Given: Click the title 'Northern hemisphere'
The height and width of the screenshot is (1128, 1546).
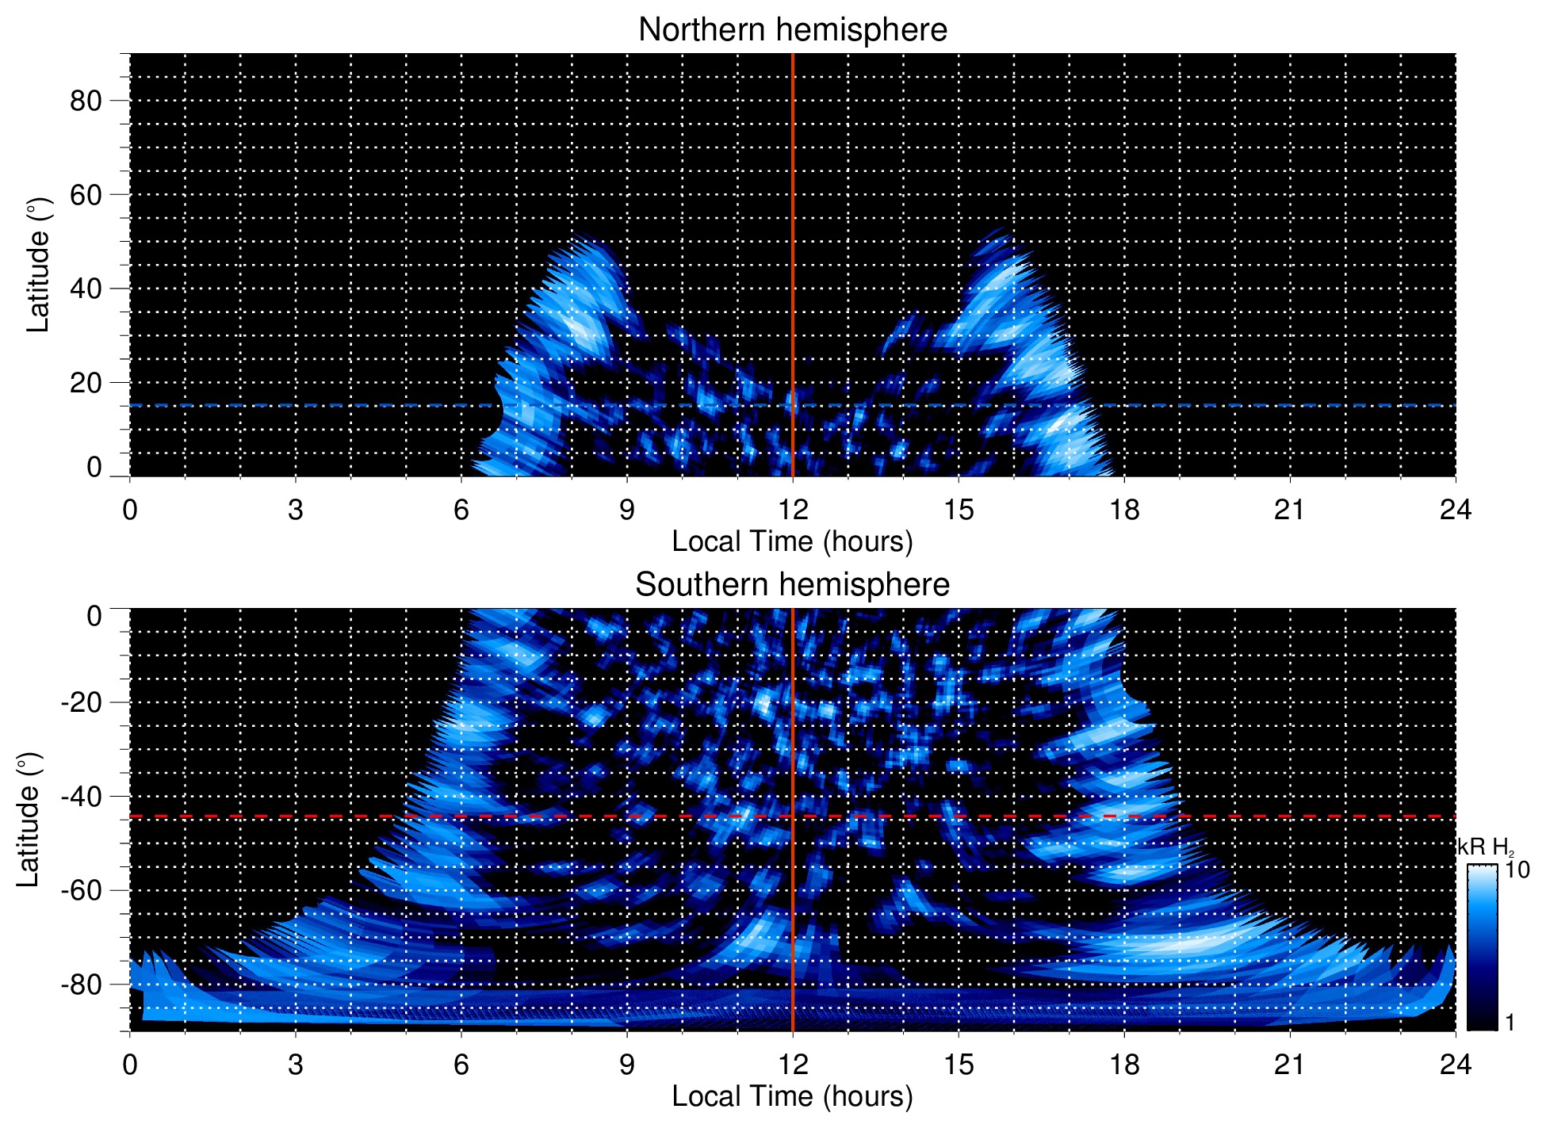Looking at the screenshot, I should pyautogui.click(x=792, y=30).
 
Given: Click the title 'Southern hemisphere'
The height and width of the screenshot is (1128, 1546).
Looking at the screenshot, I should pyautogui.click(x=792, y=585).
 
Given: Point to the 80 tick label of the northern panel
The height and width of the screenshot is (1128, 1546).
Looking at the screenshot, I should pyautogui.click(x=86, y=101).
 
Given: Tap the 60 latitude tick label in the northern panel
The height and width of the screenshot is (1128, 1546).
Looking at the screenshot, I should pyautogui.click(x=86, y=195).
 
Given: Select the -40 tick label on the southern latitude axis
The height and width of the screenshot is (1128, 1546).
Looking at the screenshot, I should pyautogui.click(x=81, y=797).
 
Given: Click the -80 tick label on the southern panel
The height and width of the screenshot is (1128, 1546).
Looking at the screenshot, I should pyautogui.click(x=81, y=985).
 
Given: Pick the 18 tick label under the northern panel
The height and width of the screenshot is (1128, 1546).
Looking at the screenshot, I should pyautogui.click(x=1123, y=510).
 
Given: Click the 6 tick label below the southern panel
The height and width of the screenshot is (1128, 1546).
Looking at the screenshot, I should pyautogui.click(x=461, y=1065).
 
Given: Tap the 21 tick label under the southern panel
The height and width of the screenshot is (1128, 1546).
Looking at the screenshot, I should pyautogui.click(x=1289, y=1065).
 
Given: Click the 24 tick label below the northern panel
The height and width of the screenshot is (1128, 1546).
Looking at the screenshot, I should pyautogui.click(x=1455, y=510).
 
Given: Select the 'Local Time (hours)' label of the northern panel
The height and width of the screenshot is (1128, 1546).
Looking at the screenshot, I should pyautogui.click(x=792, y=542).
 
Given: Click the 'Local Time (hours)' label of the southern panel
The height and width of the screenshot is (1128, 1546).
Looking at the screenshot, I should pyautogui.click(x=792, y=1097).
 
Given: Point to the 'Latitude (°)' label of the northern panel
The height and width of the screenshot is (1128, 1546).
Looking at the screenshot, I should pyautogui.click(x=37, y=265).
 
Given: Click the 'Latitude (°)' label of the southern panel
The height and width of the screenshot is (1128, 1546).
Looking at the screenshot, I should pyautogui.click(x=28, y=820).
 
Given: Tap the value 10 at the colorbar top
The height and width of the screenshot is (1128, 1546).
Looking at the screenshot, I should pyautogui.click(x=1517, y=870).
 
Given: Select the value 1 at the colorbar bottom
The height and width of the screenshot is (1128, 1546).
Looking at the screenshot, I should pyautogui.click(x=1510, y=1023).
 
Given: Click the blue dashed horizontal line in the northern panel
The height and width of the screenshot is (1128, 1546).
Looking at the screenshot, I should pyautogui.click(x=317, y=405).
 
